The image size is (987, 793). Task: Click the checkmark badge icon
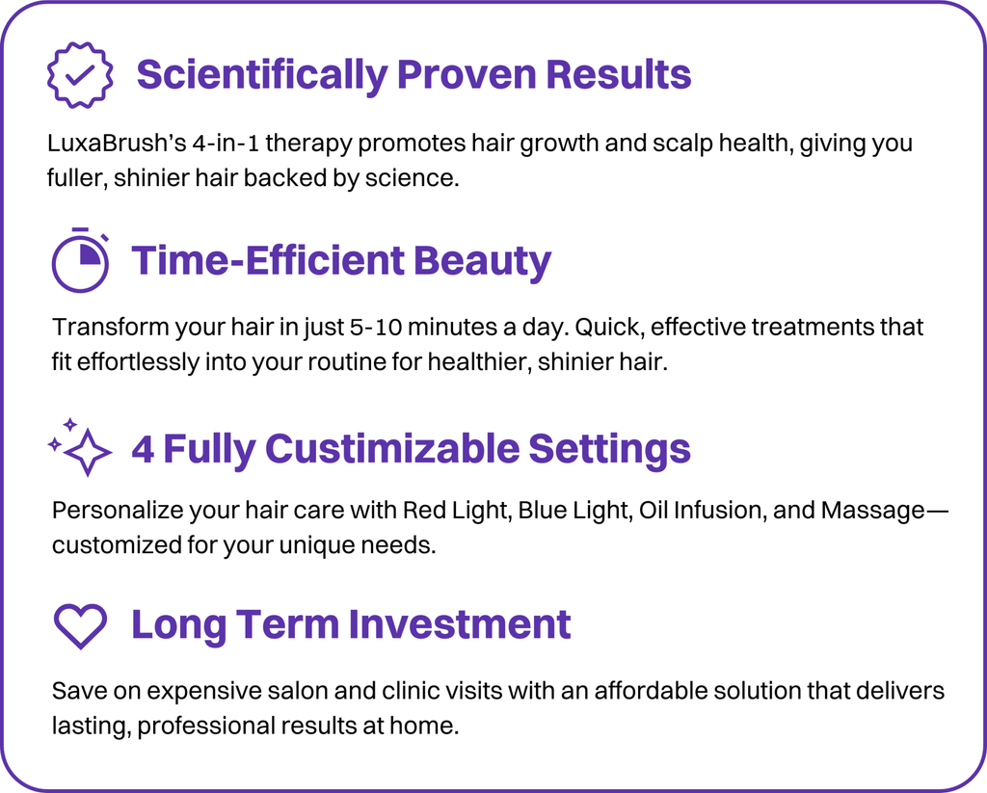(80, 74)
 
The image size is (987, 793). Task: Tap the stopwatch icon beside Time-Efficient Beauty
(81, 261)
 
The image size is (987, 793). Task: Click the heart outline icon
(80, 625)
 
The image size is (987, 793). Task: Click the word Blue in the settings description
(541, 510)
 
